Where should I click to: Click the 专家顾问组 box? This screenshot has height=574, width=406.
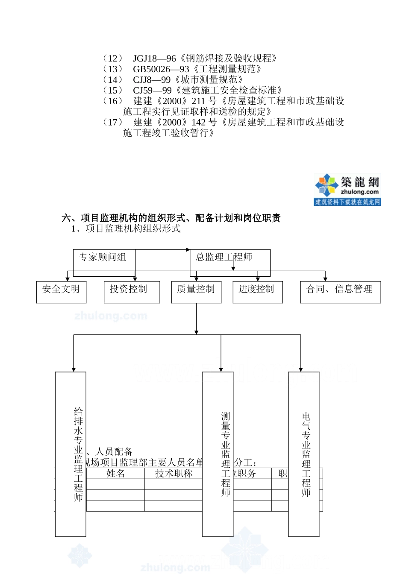[x=104, y=262]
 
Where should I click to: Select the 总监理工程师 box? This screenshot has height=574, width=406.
[x=230, y=262]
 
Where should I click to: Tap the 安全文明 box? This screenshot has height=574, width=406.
[x=61, y=292]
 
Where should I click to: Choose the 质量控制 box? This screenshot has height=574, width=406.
[x=196, y=292]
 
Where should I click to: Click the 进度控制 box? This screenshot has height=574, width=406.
[x=257, y=292]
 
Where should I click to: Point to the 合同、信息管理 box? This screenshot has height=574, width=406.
[x=340, y=292]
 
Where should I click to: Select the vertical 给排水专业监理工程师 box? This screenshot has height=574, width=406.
[x=71, y=454]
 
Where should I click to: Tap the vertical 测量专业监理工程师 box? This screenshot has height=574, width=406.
[x=218, y=454]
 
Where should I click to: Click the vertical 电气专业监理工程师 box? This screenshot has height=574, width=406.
[x=303, y=454]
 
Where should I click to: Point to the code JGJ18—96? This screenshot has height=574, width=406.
[x=154, y=59]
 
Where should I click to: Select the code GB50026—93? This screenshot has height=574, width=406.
[x=161, y=69]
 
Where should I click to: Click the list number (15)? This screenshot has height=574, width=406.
[x=113, y=91]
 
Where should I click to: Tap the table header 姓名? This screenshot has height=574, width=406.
[x=115, y=473]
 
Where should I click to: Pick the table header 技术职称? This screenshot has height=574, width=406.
[x=174, y=473]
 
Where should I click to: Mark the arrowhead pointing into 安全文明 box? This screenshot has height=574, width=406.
[x=67, y=279]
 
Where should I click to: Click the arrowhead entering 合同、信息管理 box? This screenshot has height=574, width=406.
[x=325, y=279]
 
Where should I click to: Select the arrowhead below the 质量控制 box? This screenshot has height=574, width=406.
[x=196, y=332]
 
